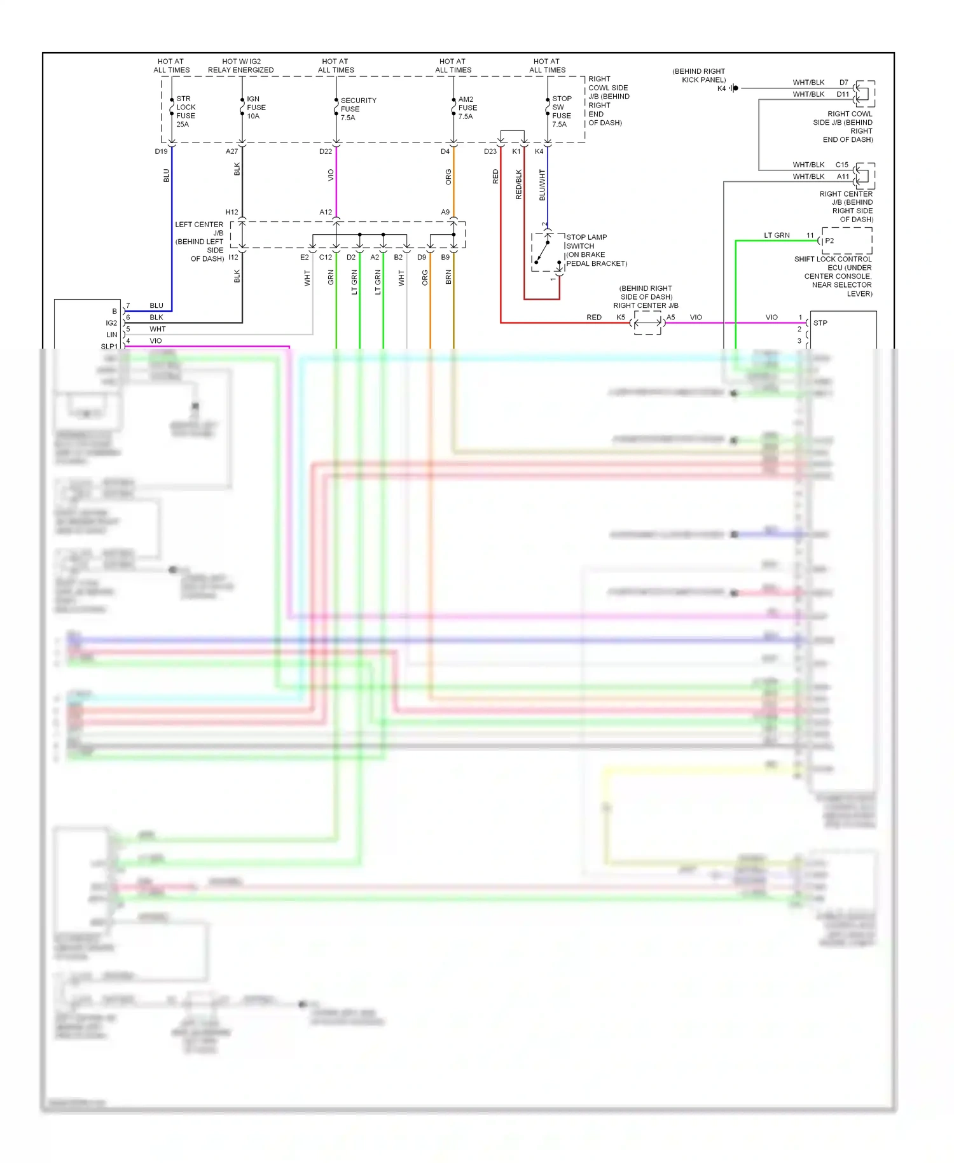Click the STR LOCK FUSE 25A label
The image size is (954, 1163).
point(186,111)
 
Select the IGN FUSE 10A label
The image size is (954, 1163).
point(256,108)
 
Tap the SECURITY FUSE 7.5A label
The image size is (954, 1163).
point(357,109)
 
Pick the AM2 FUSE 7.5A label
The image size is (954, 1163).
point(467,108)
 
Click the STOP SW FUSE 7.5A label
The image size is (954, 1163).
point(561,111)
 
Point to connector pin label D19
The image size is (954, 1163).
point(161,151)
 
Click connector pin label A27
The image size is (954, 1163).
point(232,151)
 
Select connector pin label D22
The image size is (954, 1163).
point(326,151)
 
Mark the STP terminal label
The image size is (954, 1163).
point(820,323)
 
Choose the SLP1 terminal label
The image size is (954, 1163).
point(109,347)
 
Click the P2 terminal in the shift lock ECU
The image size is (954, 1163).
point(829,240)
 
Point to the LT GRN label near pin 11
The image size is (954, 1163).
point(777,235)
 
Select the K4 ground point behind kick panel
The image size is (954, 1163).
point(735,88)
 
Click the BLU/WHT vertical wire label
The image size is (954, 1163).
point(542,185)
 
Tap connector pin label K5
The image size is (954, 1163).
point(621,317)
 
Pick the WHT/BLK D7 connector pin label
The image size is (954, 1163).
point(843,83)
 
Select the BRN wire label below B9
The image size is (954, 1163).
point(448,277)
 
